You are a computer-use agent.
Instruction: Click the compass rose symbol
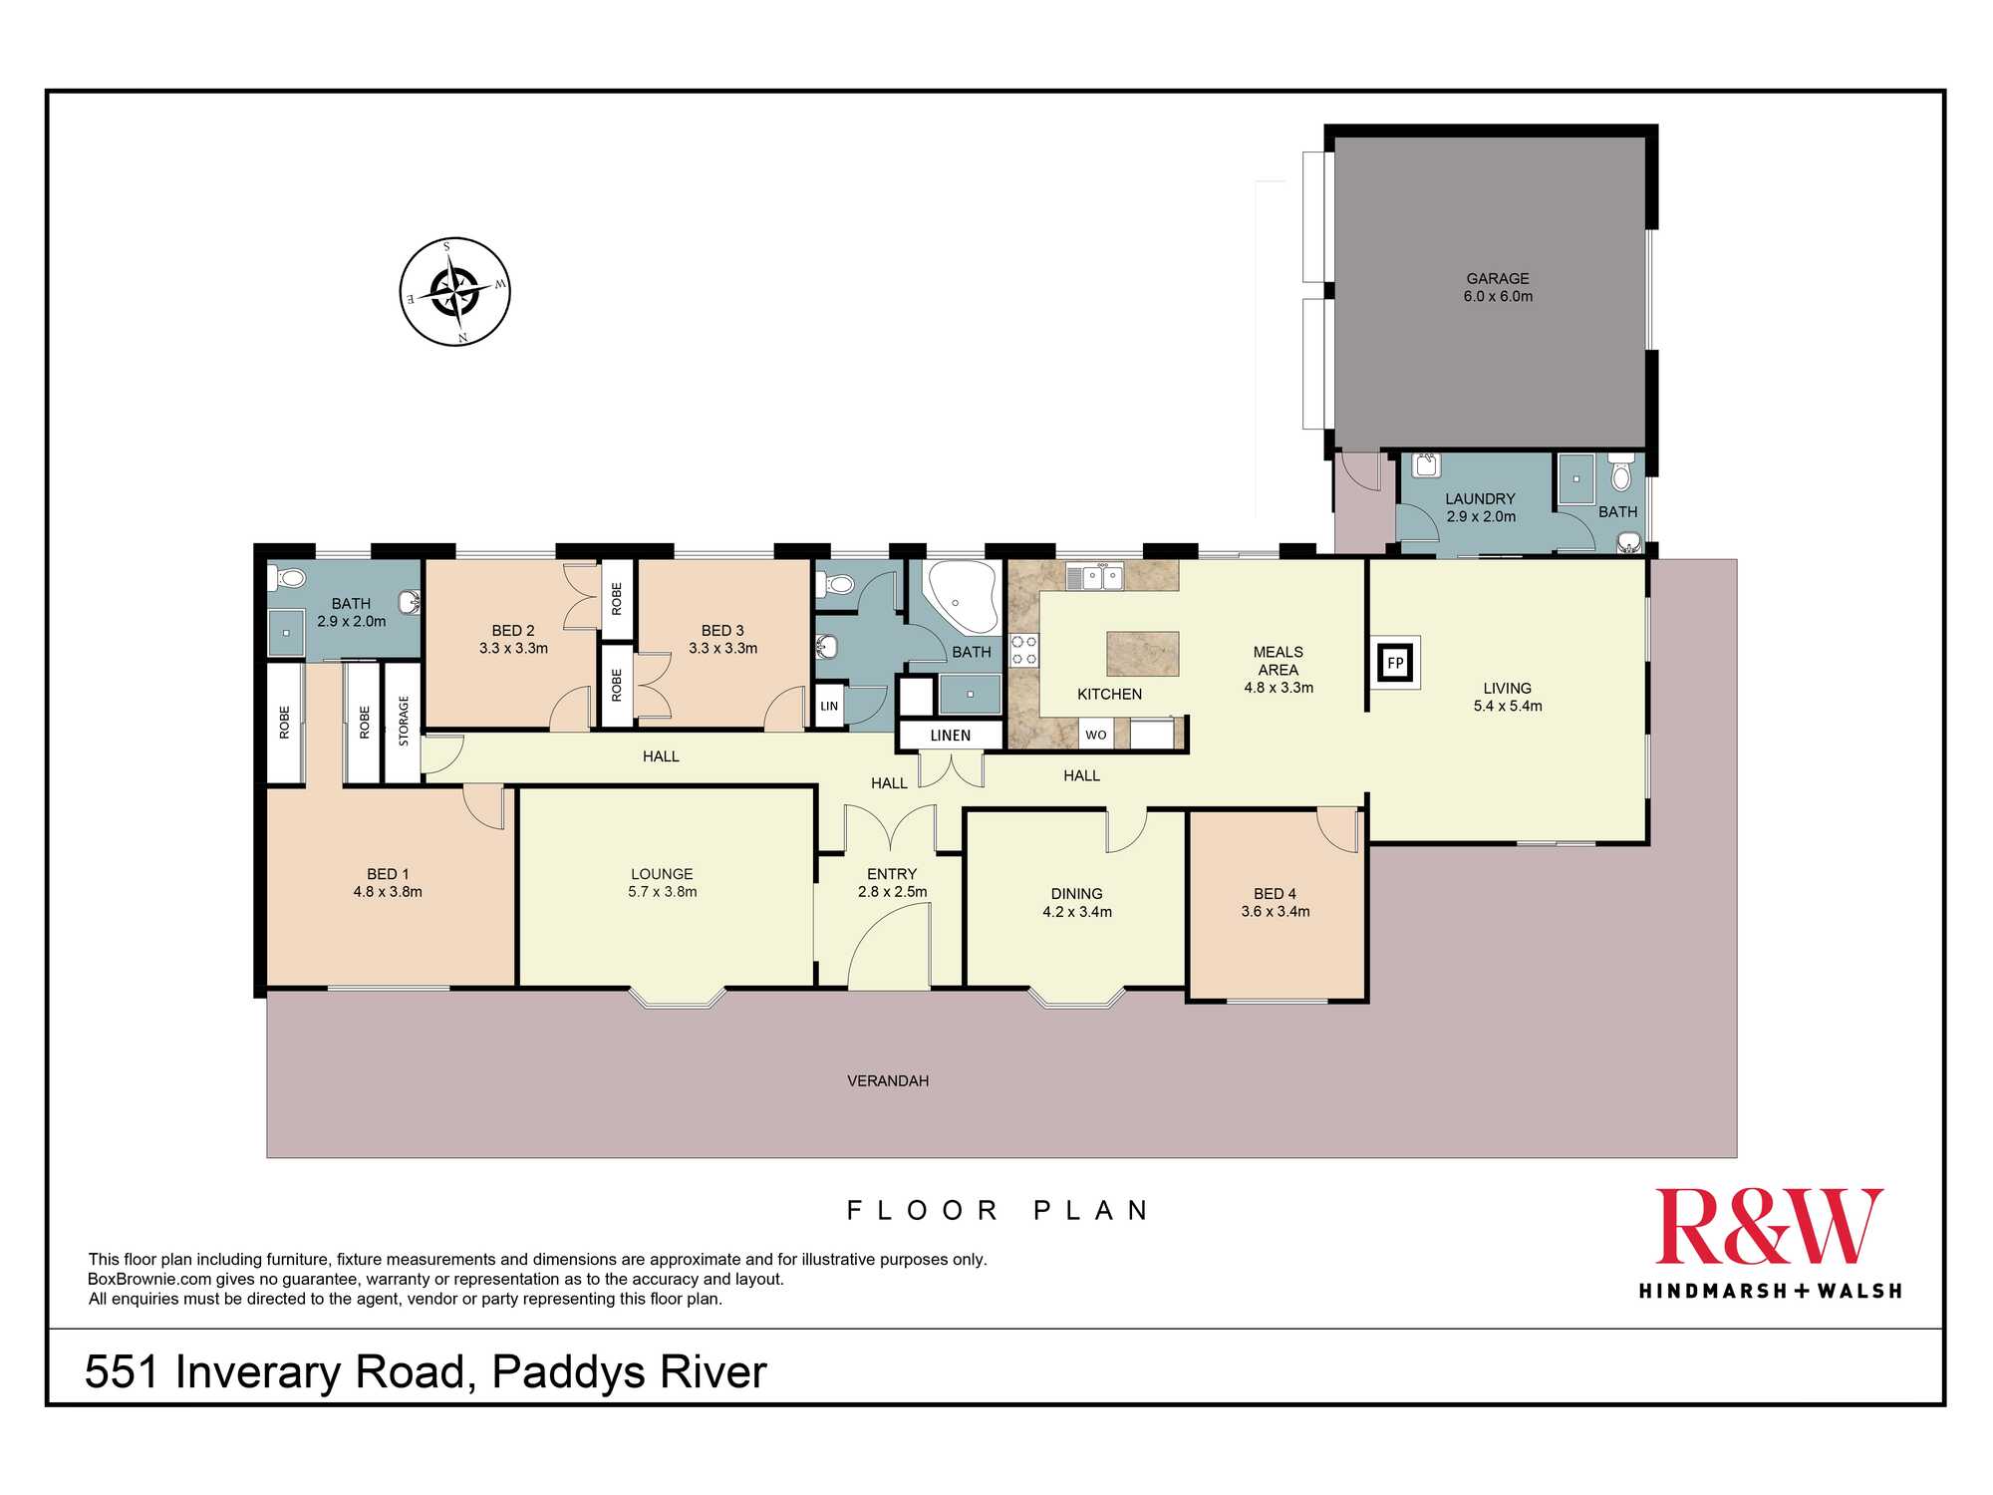pos(455,292)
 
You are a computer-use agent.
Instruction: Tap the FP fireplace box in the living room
pos(1395,663)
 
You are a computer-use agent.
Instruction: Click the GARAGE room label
pos(1497,279)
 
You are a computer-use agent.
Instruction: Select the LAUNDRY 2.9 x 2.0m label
pos(1481,507)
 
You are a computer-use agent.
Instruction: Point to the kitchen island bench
pos(1143,654)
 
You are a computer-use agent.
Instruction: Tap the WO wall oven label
pos(1096,736)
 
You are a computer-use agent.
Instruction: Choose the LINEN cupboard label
pos(950,736)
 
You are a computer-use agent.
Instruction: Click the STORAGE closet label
pos(404,721)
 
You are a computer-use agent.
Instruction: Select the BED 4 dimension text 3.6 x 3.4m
pos(1276,912)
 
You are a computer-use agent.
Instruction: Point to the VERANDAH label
pos(888,1080)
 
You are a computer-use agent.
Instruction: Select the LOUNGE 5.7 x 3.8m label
pos(662,883)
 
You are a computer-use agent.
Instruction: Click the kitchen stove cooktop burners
pos(1024,650)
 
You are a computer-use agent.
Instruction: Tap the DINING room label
pos(1076,894)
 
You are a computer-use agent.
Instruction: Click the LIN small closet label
pos(829,707)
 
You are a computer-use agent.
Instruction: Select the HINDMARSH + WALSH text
pos(1770,1292)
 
